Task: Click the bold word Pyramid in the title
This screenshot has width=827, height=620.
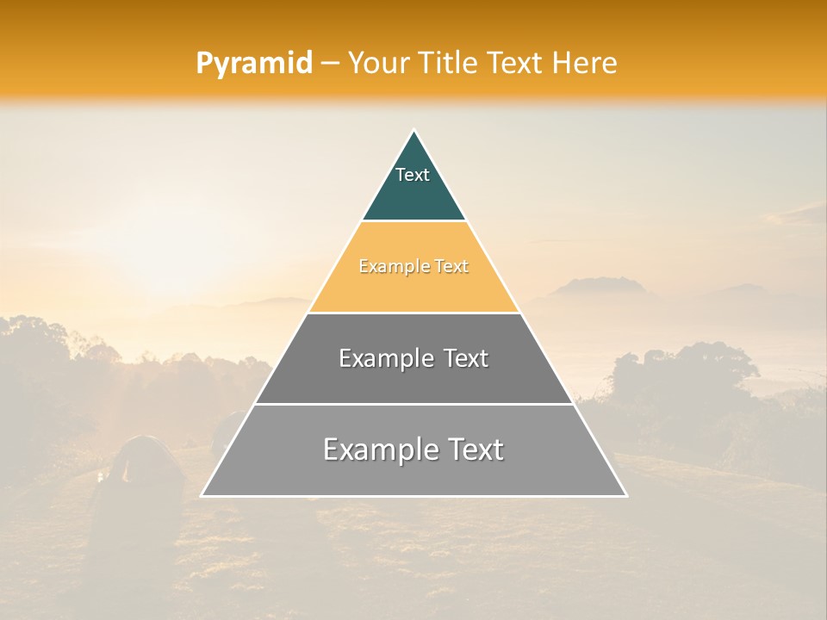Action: click(x=253, y=64)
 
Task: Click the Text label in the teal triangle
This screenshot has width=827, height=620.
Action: click(x=413, y=175)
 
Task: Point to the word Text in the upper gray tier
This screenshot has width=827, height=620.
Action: click(x=466, y=358)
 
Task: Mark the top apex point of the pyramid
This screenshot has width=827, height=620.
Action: click(x=413, y=131)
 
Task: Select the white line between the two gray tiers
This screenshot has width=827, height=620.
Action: click(x=413, y=404)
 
